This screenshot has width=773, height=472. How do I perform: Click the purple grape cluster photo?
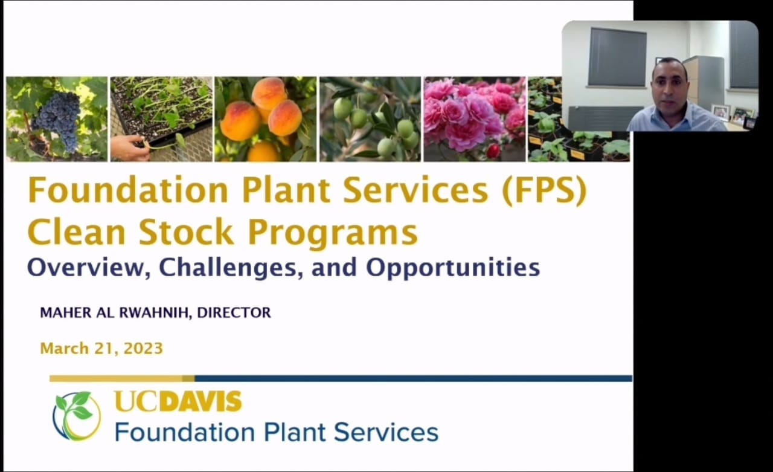pyautogui.click(x=57, y=119)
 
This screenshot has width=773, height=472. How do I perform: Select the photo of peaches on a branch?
pyautogui.click(x=265, y=119)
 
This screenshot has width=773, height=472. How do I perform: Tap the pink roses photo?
pyautogui.click(x=475, y=119)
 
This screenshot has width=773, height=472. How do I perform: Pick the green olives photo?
pyautogui.click(x=370, y=119)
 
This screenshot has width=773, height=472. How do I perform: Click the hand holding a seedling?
pyautogui.click(x=130, y=148)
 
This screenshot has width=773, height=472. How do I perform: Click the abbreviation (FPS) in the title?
pyautogui.click(x=544, y=190)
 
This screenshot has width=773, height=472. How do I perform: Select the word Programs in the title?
pyautogui.click(x=333, y=233)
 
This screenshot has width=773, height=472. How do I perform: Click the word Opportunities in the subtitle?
pyautogui.click(x=453, y=268)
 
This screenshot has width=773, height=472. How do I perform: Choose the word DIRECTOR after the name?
pyautogui.click(x=234, y=312)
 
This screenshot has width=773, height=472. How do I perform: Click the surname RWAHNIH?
pyautogui.click(x=155, y=313)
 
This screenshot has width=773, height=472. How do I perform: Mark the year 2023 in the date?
pyautogui.click(x=143, y=348)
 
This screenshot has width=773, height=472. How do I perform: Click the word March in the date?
pyautogui.click(x=65, y=348)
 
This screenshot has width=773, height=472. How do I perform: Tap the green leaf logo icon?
pyautogui.click(x=77, y=416)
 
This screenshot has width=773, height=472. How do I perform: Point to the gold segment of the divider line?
pyautogui.click(x=122, y=379)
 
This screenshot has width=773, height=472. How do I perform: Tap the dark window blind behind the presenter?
pyautogui.click(x=617, y=57)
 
